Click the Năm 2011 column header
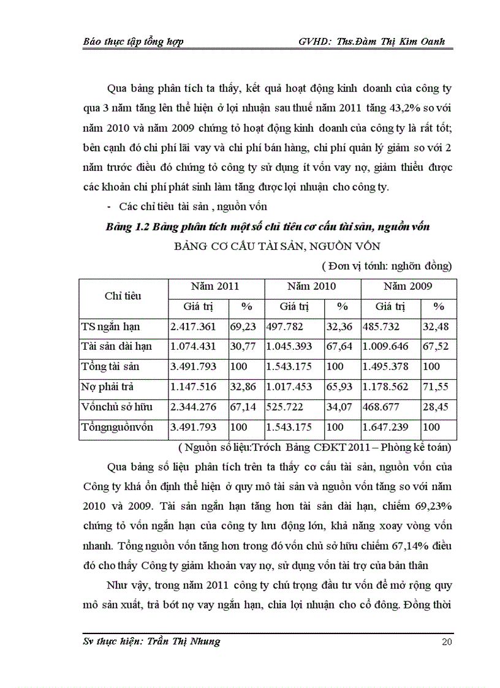coord(214,286)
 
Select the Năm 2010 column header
coord(311,286)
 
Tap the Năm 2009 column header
coord(407,286)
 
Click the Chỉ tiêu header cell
coord(123,296)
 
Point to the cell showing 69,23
coord(243,327)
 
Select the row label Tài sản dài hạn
coord(116,346)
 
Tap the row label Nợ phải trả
coord(107,387)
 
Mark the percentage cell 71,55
coord(436,387)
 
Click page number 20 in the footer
coord(447,642)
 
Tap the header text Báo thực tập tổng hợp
coord(133,42)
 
